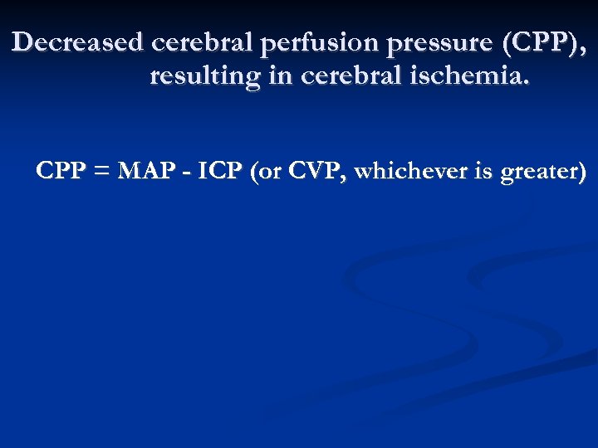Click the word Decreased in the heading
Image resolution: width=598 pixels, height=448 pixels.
pyautogui.click(x=79, y=42)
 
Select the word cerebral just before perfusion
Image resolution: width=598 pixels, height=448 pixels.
pyautogui.click(x=203, y=42)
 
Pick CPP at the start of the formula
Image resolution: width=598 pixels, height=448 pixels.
pyautogui.click(x=61, y=172)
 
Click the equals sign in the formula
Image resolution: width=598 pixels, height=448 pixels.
pyautogui.click(x=100, y=173)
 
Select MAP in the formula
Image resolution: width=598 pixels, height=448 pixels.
pyautogui.click(x=145, y=172)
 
